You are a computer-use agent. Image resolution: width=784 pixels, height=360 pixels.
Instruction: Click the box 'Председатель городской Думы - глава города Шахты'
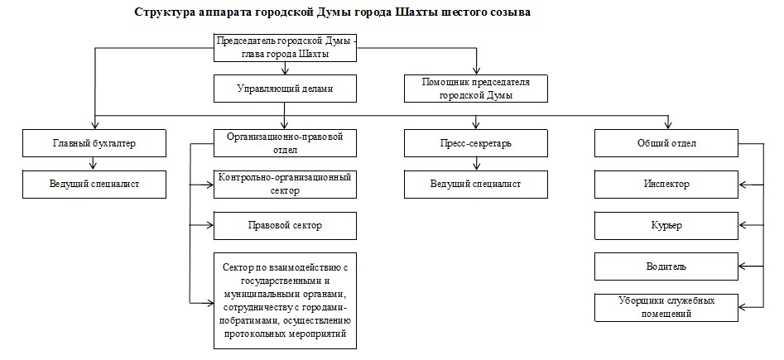tap(285, 47)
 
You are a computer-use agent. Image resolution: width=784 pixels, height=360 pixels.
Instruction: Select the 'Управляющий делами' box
tap(285, 87)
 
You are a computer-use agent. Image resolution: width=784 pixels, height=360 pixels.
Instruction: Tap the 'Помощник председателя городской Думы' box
tap(477, 88)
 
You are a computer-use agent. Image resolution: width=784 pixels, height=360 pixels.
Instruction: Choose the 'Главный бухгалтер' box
tap(94, 143)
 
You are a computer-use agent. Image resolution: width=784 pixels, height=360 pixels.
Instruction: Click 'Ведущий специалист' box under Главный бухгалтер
tap(94, 184)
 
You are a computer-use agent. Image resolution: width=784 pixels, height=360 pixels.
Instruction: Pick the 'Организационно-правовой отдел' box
tap(285, 143)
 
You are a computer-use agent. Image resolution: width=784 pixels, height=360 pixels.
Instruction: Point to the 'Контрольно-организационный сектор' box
tap(285, 184)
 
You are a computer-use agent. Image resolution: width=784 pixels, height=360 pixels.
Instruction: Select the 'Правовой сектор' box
tap(285, 225)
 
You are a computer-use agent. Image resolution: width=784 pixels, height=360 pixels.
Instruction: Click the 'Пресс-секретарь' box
tap(476, 143)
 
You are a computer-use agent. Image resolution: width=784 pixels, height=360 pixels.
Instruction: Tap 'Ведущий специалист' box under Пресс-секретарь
tap(476, 184)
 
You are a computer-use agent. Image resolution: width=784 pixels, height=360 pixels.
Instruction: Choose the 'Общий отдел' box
tap(666, 143)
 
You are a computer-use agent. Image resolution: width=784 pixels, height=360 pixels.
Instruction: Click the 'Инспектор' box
tap(666, 184)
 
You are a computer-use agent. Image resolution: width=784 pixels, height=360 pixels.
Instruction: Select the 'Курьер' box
tap(666, 225)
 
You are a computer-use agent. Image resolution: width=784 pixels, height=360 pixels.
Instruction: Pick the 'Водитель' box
tap(666, 266)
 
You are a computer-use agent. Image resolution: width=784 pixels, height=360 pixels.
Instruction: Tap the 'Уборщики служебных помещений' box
tap(666, 307)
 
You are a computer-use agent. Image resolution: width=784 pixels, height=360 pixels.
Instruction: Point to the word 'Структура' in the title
tap(163, 13)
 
